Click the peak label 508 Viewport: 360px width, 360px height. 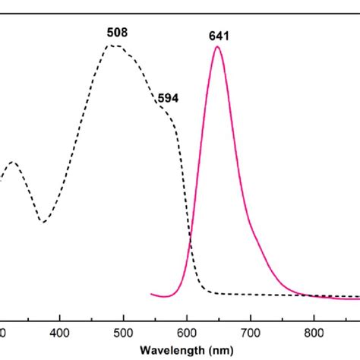coord(117,33)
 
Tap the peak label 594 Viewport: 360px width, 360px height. coord(168,97)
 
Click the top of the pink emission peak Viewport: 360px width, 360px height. coord(218,47)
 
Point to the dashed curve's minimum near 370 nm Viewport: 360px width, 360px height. coord(44,222)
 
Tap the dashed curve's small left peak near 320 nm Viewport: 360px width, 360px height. coord(12,162)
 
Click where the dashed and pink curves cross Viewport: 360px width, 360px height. coord(190,243)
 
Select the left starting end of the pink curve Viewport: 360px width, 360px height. coord(153,294)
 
